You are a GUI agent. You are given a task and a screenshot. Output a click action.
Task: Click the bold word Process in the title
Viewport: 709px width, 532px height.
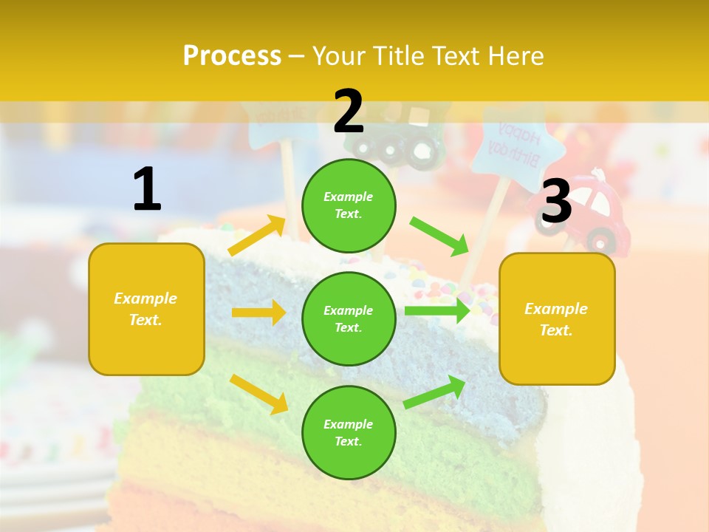pos(232,55)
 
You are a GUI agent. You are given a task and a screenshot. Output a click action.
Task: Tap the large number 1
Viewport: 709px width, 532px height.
pos(147,189)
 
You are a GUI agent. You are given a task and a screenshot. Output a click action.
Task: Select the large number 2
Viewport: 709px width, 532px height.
pos(349,111)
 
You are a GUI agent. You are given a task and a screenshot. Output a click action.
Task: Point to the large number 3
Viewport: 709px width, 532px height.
pos(557,202)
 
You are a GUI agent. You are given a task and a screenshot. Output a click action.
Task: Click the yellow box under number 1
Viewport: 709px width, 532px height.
pos(146,309)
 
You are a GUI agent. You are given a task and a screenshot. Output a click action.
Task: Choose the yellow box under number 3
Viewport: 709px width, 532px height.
pos(557,318)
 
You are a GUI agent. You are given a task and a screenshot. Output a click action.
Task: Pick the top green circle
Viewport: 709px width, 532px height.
pos(349,205)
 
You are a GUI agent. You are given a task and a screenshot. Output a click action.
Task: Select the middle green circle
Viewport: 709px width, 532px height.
pos(349,318)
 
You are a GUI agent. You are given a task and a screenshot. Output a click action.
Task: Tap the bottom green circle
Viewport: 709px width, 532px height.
pos(349,432)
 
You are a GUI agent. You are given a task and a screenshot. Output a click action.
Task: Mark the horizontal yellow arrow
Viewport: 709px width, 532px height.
pos(258,313)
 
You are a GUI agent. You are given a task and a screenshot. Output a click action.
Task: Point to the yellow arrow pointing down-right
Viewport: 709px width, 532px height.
pos(258,394)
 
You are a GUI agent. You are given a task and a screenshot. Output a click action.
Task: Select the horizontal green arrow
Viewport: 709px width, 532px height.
pos(437,310)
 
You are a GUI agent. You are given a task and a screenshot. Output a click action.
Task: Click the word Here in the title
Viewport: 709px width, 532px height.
pos(516,55)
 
